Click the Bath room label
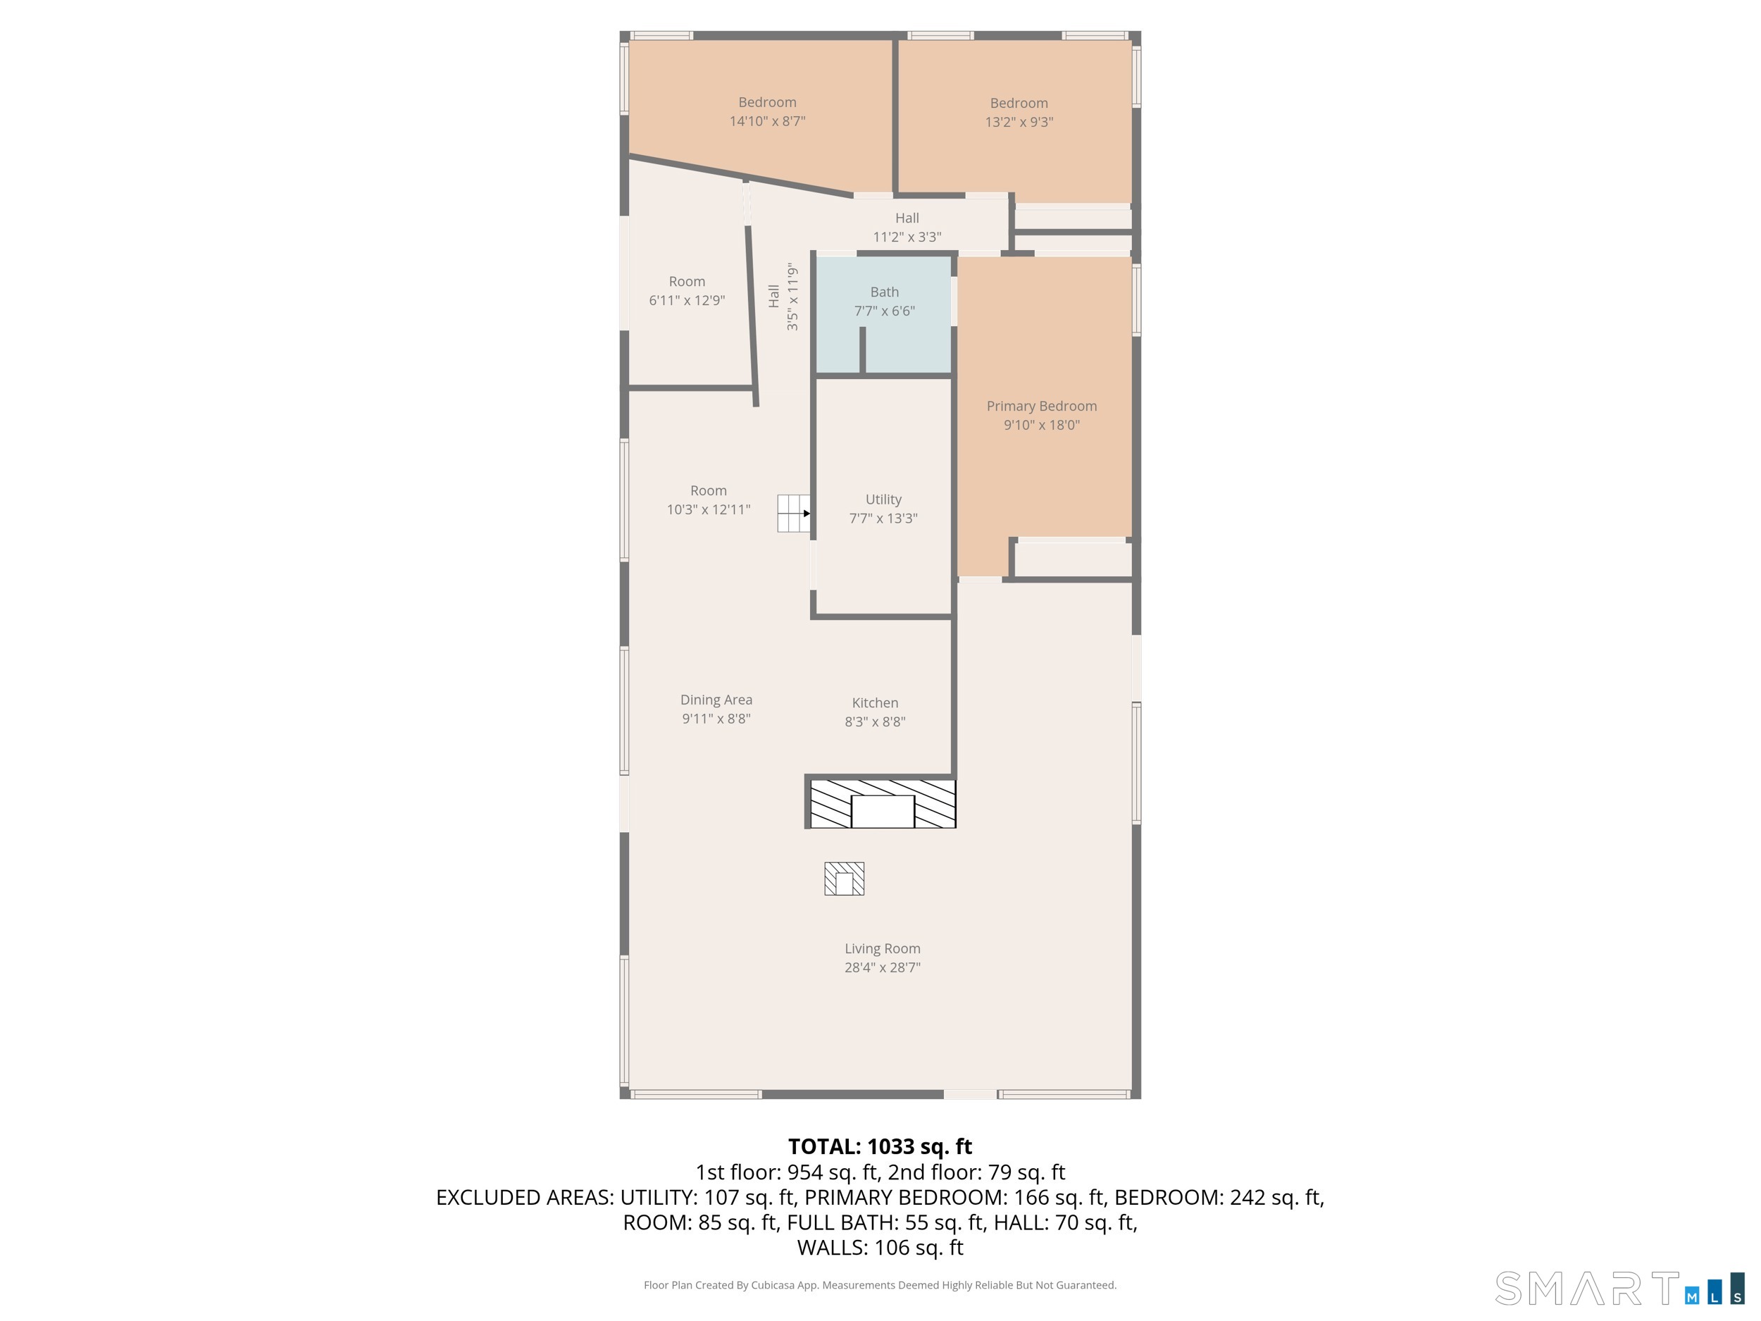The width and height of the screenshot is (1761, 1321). pos(885,292)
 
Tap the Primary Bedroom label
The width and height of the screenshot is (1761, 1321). pos(1041,406)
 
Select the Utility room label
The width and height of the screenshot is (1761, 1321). pos(884,500)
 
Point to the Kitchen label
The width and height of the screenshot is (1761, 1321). pos(875,703)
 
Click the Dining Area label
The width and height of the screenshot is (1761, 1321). pos(716,700)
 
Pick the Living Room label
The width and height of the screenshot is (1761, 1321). pos(882,948)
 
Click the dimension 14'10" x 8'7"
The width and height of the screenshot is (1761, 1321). pos(768,121)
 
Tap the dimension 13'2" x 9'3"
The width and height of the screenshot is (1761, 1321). pos(1019,122)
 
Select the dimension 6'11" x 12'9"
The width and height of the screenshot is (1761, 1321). pos(687,300)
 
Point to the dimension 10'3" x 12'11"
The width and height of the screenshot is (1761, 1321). pos(709,509)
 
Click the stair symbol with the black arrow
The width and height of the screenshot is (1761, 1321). pos(794,514)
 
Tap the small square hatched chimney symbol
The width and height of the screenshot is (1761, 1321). pos(844,879)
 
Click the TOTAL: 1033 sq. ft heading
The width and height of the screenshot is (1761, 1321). pos(880,1146)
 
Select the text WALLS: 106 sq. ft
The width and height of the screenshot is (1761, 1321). pos(880,1248)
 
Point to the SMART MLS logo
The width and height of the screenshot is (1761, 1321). pos(1620,1288)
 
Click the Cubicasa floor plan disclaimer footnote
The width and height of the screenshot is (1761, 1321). pos(880,1285)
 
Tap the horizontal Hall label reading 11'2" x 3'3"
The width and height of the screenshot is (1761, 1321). pos(907,228)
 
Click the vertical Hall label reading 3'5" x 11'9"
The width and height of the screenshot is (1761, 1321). pos(783,297)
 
